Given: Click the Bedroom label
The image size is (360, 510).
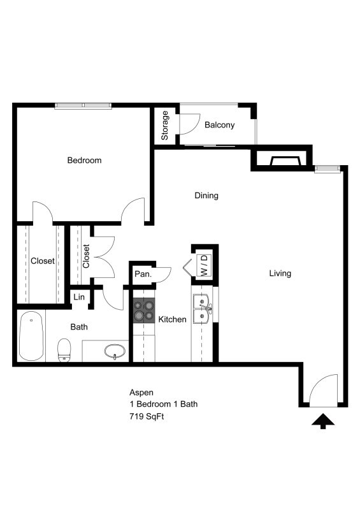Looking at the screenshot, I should click(84, 160).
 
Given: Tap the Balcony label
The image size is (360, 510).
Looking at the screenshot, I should click(219, 125).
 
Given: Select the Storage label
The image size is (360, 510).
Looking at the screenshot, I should click(165, 126).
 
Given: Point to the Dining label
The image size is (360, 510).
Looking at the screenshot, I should click(206, 196).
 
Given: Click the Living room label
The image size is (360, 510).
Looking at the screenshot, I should click(280, 273).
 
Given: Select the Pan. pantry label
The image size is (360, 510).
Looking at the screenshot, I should click(141, 274).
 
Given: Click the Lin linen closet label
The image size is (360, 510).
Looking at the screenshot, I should click(79, 297).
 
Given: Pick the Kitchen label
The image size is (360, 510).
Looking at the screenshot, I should click(172, 319).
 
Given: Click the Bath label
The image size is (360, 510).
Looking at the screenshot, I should click(79, 327).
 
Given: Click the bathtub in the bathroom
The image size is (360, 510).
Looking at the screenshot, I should click(30, 336).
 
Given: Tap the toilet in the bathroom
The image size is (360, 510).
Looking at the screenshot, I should click(64, 350).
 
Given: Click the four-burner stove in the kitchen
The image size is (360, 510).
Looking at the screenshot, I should click(143, 310).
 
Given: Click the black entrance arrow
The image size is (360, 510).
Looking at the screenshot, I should click(323, 421).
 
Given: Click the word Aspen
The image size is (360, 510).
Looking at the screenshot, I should click(141, 393).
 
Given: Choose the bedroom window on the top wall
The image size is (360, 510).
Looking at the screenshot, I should click(83, 106).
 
